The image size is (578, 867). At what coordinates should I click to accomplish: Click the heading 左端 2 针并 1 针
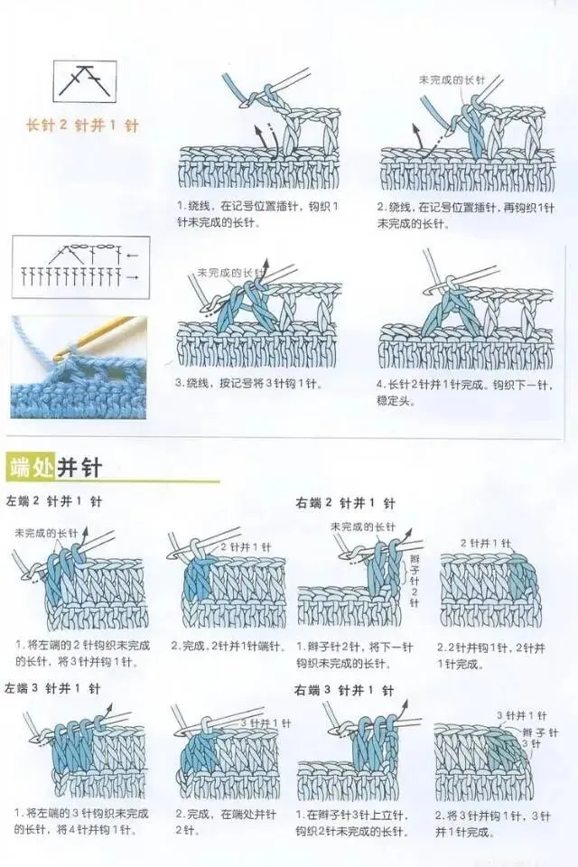54,501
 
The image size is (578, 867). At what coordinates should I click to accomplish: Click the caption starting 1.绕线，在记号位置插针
256,214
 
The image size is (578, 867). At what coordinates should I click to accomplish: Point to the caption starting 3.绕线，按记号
248,384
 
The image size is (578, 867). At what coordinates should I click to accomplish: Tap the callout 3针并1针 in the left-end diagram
266,723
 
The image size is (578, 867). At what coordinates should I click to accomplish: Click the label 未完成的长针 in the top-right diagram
452,80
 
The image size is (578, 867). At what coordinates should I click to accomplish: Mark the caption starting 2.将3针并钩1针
491,823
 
